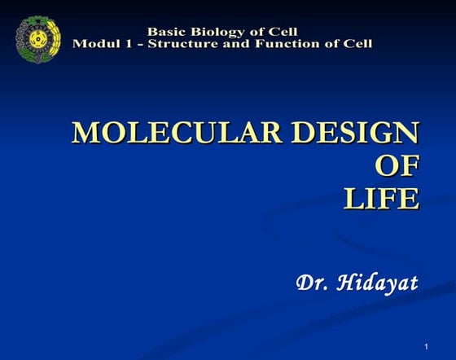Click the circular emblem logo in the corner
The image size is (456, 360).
37,38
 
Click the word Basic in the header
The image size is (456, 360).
165,33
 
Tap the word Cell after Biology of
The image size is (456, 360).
281,33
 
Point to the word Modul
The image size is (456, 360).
92,43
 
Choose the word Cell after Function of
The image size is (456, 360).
356,43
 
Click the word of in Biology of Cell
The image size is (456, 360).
253,33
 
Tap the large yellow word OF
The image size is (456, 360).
397,165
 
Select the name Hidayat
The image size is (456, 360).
379,283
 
